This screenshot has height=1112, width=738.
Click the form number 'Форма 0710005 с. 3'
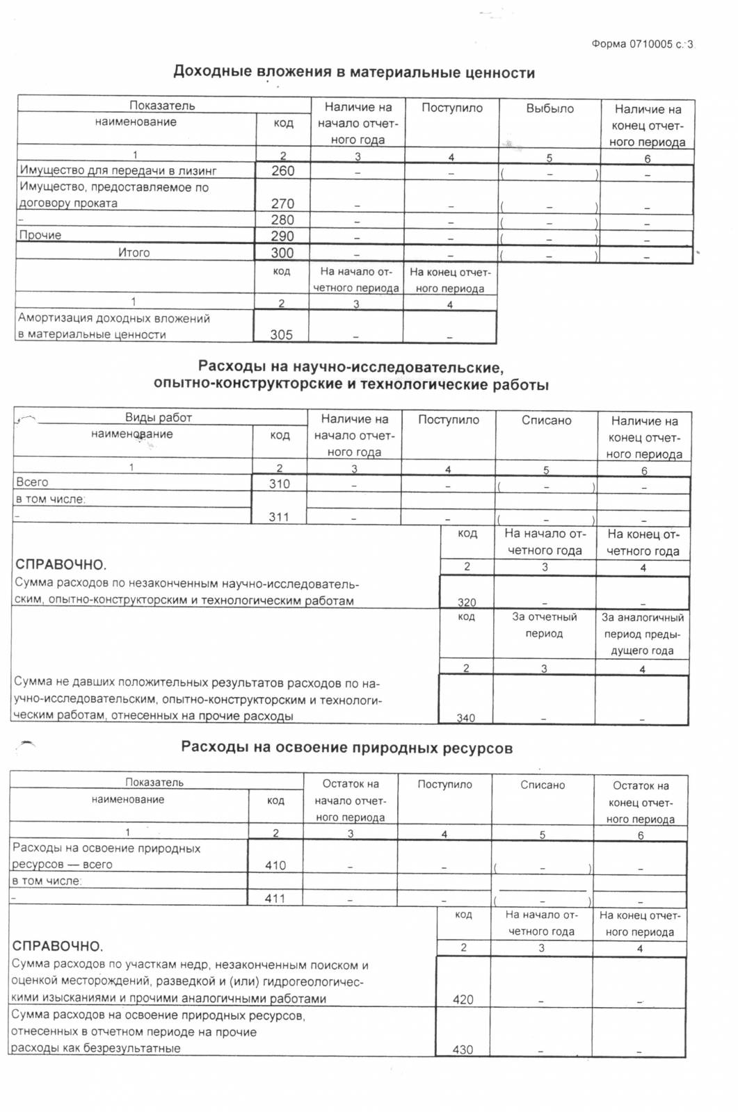(x=642, y=44)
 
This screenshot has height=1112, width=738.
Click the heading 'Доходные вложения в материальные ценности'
(x=353, y=72)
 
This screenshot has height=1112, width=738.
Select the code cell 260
(x=283, y=171)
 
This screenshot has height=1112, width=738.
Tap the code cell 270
(x=283, y=204)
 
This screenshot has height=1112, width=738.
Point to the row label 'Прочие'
(x=40, y=236)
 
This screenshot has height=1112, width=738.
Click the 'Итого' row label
(x=134, y=253)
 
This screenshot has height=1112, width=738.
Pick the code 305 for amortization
(x=281, y=334)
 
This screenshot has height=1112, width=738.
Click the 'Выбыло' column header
(x=550, y=109)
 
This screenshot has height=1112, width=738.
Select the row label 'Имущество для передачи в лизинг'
(x=118, y=171)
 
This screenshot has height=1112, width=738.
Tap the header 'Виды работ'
(x=159, y=418)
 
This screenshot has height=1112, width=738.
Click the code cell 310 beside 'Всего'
(x=280, y=484)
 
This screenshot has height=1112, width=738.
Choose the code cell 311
(x=279, y=517)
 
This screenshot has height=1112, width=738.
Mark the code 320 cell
(x=467, y=602)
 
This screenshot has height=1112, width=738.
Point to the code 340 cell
(x=465, y=717)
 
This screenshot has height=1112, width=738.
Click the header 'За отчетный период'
(x=544, y=625)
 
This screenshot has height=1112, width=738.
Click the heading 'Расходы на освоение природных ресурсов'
(x=346, y=748)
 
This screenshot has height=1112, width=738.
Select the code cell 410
(x=275, y=865)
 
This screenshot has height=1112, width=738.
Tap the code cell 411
(x=275, y=899)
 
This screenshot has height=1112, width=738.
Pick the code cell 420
(x=463, y=999)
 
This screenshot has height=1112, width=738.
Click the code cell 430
(x=463, y=1049)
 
